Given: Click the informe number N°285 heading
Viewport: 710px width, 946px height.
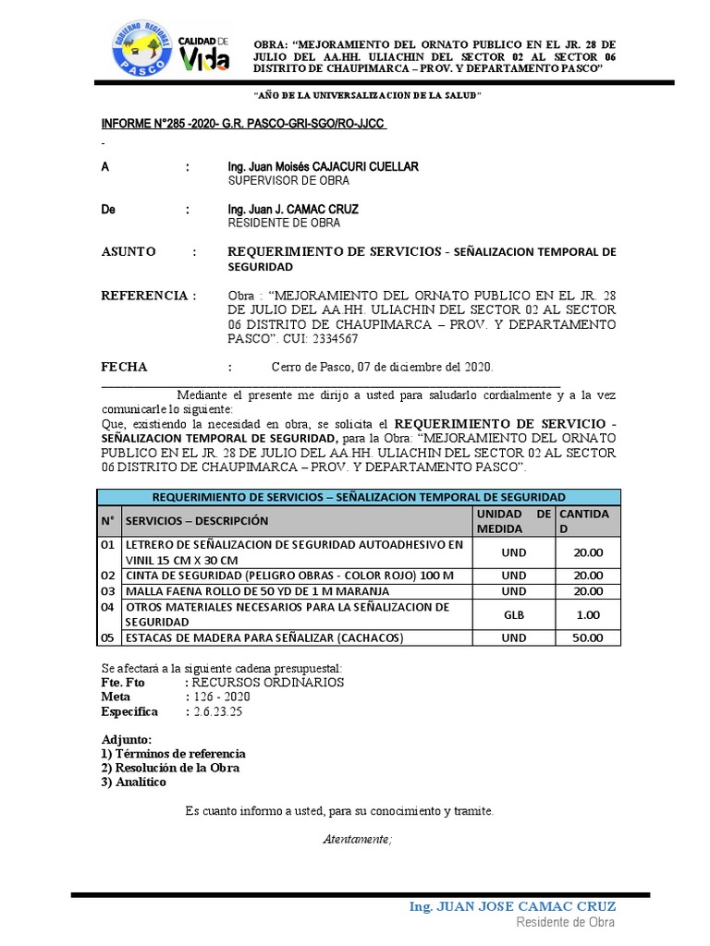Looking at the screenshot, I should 242,125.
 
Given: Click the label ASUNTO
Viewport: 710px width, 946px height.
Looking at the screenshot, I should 129,252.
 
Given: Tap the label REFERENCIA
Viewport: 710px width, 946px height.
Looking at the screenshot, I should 148,296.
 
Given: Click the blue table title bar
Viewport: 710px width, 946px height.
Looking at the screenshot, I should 359,496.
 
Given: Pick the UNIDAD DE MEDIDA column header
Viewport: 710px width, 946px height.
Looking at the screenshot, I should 513,521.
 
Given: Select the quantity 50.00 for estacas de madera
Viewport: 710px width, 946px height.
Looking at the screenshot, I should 588,637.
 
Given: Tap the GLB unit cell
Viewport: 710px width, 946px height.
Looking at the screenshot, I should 513,614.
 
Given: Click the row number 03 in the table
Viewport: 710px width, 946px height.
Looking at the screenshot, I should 109,591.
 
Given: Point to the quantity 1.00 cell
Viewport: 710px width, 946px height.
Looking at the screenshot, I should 588,614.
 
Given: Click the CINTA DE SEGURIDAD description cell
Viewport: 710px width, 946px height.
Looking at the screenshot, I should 290,576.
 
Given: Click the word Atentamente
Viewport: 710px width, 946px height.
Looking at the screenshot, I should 357,840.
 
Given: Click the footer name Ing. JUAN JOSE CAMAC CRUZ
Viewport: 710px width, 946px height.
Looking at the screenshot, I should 512,906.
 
